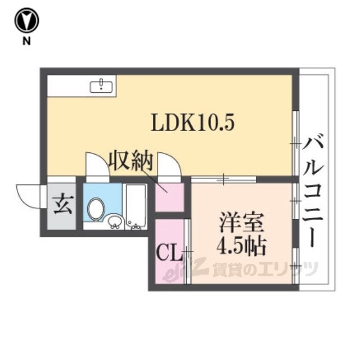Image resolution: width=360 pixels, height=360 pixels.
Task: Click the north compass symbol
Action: [26, 21]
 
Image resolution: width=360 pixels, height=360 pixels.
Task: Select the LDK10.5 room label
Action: [192, 122]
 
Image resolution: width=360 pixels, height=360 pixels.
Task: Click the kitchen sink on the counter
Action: [102, 85]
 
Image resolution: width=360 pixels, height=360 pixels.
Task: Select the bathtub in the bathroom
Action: [135, 206]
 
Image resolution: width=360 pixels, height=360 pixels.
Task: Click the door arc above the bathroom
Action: [96, 164]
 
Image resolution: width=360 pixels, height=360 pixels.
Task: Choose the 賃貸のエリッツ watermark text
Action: [264, 269]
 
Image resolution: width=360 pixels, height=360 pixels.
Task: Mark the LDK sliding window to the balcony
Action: [295, 144]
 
